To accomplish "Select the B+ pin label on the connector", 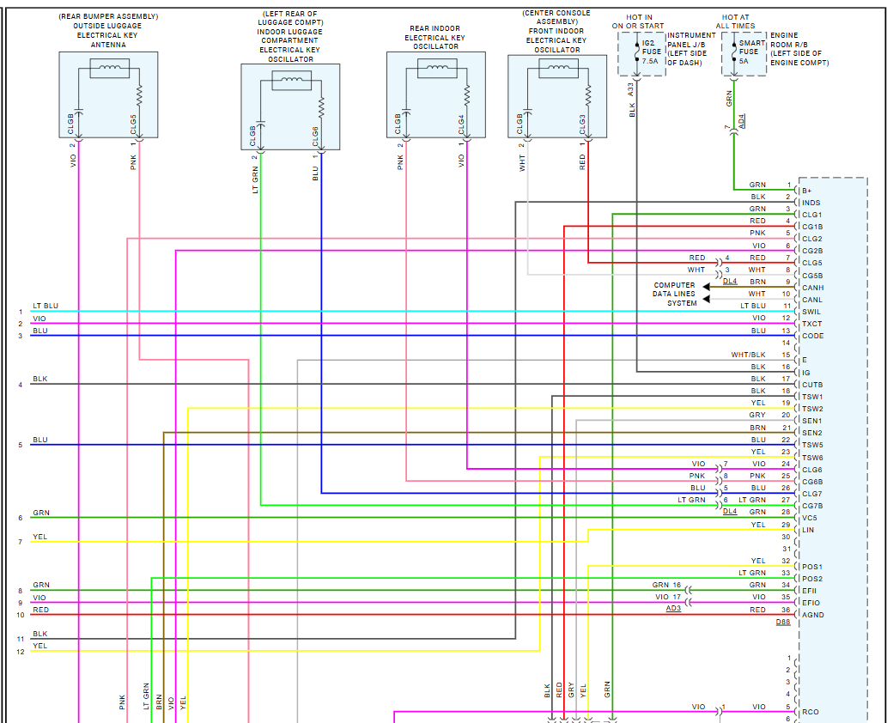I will click(806, 191).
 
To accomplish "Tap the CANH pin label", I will click(812, 288).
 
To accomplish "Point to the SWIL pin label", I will click(811, 312).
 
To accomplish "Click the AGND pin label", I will click(812, 615).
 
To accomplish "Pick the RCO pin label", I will click(810, 712).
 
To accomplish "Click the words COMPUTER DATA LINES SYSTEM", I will click(675, 294).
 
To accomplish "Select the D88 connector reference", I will click(783, 622).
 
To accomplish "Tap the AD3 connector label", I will click(674, 609).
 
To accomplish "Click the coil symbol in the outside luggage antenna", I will click(109, 68).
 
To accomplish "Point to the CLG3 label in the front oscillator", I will click(582, 125).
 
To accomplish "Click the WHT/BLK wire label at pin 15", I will click(748, 355).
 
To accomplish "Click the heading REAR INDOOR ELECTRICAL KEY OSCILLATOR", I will click(434, 38).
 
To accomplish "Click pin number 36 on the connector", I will click(786, 610).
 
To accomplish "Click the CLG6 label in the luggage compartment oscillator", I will click(315, 136).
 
